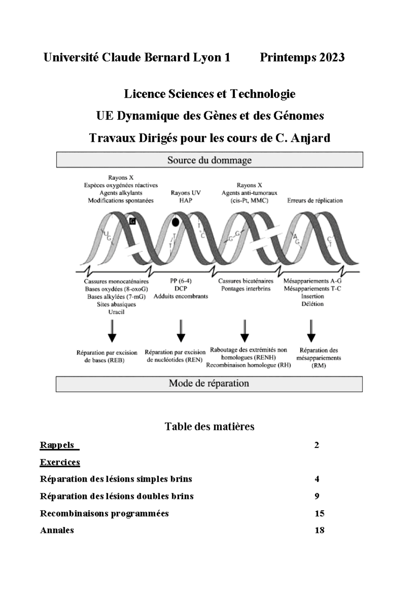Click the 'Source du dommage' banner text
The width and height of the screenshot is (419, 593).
click(x=209, y=160)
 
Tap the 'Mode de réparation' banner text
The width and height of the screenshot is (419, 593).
click(x=209, y=383)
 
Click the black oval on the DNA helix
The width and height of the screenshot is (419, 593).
click(x=176, y=222)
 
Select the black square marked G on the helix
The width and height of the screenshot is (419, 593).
click(x=132, y=221)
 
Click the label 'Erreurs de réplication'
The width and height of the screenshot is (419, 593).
click(x=315, y=200)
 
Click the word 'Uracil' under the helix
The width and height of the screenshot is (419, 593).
click(x=116, y=312)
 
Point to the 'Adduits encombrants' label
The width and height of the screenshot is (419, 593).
click(x=181, y=296)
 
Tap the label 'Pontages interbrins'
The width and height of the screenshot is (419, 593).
click(x=246, y=288)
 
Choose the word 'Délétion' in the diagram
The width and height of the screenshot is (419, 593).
click(x=313, y=304)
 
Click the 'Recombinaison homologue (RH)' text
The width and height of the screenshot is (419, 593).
click(x=248, y=365)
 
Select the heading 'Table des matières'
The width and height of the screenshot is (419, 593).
click(x=209, y=426)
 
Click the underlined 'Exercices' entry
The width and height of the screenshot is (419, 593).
click(x=60, y=462)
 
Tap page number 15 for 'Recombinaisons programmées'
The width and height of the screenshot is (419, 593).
click(x=319, y=513)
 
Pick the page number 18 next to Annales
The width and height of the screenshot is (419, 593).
click(x=319, y=530)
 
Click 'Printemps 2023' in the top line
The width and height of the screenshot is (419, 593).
click(x=302, y=57)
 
